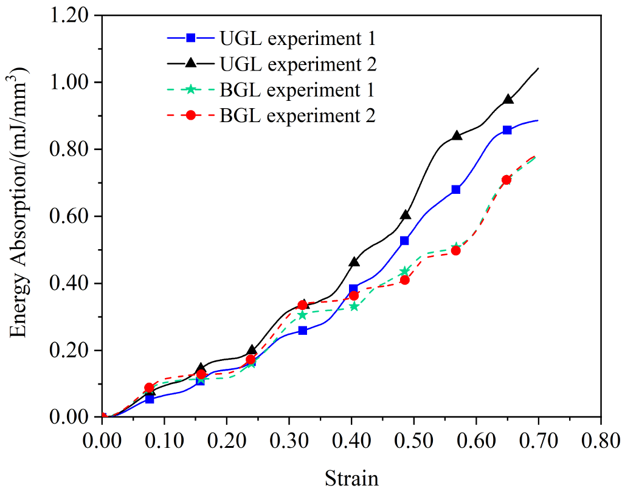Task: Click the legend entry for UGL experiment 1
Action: pos(271,38)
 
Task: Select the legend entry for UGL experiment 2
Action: pos(271,64)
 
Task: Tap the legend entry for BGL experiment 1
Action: pos(271,89)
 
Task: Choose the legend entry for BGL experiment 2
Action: pos(271,115)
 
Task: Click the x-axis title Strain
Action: pos(351,478)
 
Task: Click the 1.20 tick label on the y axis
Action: pos(71,16)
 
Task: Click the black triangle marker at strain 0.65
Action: pos(507,99)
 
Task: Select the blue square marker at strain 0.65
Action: pos(507,130)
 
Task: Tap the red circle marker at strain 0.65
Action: pos(506,180)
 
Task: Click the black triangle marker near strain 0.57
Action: pos(457,136)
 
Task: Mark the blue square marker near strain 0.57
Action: pos(456,190)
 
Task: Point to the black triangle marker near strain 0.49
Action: pos(406,215)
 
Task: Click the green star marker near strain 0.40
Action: pos(354,306)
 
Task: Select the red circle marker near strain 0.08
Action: pos(149,388)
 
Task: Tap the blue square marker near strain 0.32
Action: pos(303,331)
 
